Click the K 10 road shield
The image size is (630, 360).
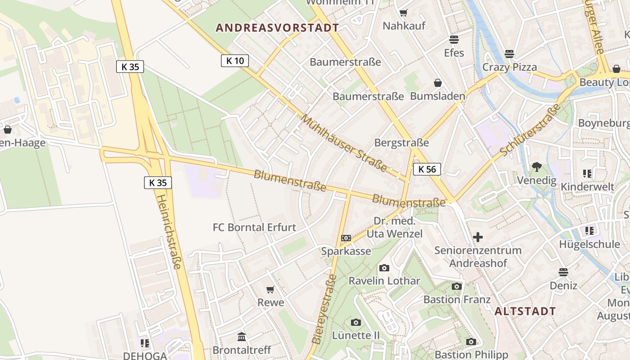235,61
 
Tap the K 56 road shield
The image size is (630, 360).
427,169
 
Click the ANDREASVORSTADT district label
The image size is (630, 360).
277,28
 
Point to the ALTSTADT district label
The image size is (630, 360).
525,311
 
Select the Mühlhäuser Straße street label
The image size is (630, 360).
344,144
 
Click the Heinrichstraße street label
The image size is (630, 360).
169,231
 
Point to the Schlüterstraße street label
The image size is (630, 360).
531,130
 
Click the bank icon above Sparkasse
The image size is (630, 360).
346,238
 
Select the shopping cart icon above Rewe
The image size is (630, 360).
270,289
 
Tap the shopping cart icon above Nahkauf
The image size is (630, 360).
403,13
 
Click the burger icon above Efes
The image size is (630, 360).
454,40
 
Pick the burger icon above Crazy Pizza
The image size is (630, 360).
509,54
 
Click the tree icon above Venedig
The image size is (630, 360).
536,167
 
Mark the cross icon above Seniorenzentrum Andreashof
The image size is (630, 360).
478,237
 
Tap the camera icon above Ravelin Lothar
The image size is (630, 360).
384,268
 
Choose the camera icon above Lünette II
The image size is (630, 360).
355,322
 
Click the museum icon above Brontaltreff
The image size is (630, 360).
242,337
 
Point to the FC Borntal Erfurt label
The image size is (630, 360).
254,227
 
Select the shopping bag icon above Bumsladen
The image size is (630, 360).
437,83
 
